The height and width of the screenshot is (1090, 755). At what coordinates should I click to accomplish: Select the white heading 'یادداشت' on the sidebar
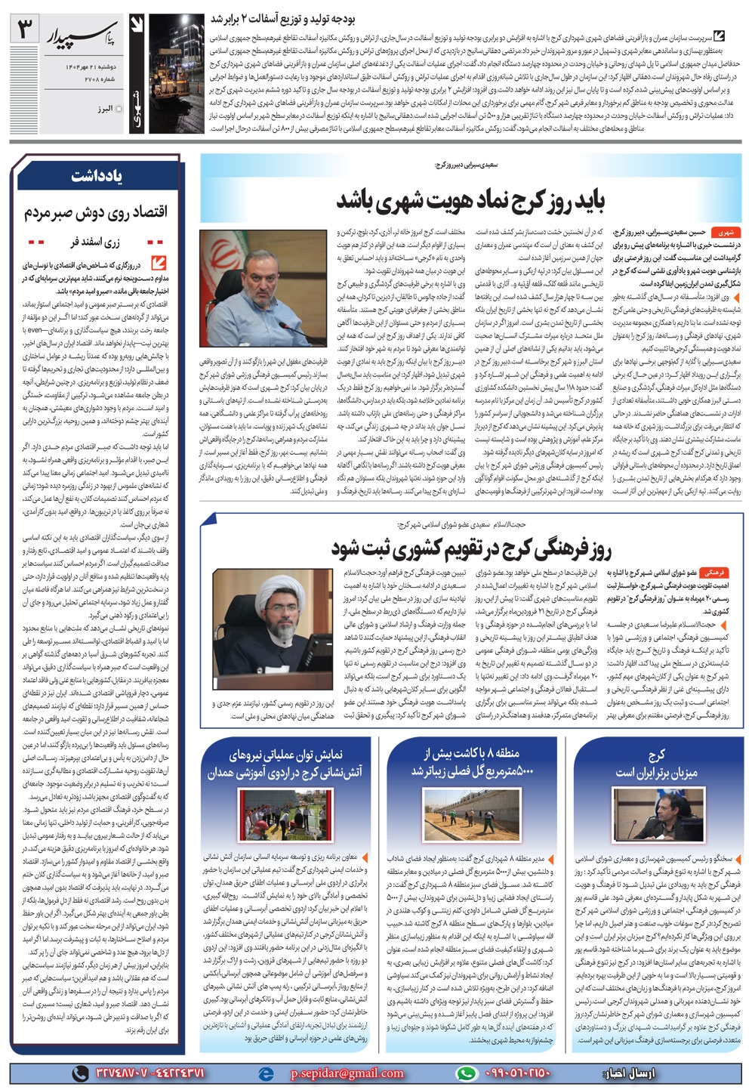[97, 177]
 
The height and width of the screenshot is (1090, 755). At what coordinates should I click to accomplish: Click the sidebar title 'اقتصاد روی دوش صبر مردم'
[97, 210]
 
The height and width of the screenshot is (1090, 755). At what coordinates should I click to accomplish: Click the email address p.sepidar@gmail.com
[334, 1073]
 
